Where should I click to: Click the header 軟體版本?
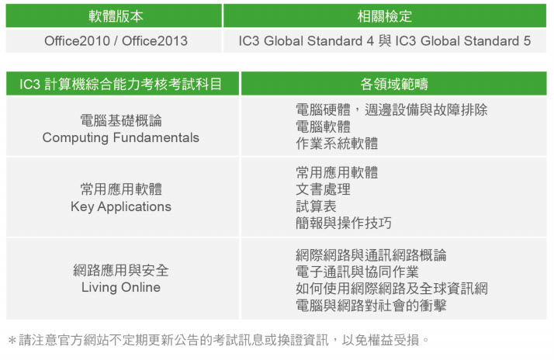point(116,16)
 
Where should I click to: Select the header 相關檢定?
point(384,16)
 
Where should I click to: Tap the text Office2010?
point(77,41)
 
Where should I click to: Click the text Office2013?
point(154,41)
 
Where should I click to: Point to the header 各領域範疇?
point(394,84)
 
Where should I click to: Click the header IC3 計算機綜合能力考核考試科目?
point(120,84)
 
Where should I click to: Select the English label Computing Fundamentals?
point(121,138)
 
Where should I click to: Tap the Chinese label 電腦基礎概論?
point(121,120)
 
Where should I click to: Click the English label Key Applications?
point(121,206)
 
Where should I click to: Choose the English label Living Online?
point(121,287)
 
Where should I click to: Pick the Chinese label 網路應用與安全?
point(121,271)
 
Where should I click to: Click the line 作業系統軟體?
point(337,144)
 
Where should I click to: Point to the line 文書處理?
point(323,189)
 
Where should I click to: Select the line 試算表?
point(316,206)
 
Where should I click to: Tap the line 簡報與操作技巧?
point(344,223)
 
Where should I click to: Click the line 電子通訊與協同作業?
point(357,272)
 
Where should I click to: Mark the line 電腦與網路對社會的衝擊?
point(371,306)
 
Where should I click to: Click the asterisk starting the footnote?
point(12,341)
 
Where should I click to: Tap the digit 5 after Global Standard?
point(527,41)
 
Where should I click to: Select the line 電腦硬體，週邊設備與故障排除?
point(392,110)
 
